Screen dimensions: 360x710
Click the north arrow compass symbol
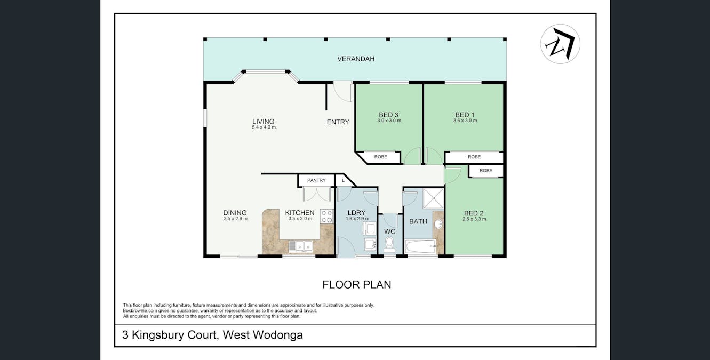pos(560,44)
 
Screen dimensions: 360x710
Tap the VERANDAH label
pos(355,59)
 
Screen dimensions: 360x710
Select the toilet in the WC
pos(389,245)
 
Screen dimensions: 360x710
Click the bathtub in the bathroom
pos(420,247)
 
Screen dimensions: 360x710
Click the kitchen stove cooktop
pos(326,216)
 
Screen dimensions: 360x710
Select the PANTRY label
pos(316,180)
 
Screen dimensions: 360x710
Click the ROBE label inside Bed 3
pos(380,157)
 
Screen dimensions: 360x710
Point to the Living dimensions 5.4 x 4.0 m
pos(264,127)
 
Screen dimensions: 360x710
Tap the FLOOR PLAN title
pos(356,285)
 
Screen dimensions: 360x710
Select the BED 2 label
pos(474,213)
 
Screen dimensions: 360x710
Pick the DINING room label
pos(235,213)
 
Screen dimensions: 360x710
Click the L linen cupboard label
pos(343,180)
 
